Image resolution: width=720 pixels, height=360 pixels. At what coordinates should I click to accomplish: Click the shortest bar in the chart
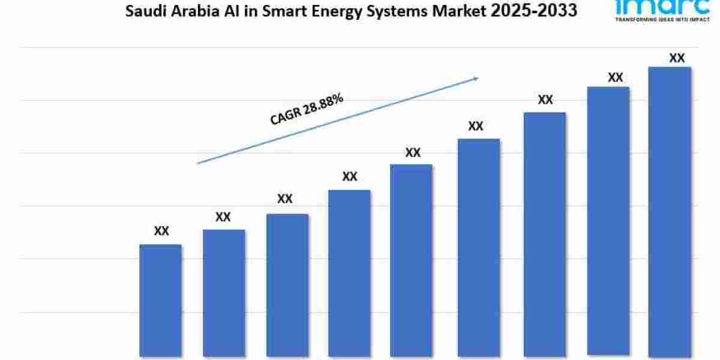point(160,300)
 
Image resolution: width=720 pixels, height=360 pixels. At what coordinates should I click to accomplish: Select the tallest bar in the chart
point(670,210)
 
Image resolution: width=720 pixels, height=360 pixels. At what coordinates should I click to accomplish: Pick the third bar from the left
point(287,285)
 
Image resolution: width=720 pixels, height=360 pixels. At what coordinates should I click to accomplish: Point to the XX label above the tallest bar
point(677,58)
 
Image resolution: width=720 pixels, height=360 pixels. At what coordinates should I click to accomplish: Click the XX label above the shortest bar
point(161,231)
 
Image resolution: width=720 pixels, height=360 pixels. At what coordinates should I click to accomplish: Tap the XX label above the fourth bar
point(350,177)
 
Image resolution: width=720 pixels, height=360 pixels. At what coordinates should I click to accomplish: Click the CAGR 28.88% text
point(307,109)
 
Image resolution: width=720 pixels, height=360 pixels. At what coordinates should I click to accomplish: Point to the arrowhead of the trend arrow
point(476,77)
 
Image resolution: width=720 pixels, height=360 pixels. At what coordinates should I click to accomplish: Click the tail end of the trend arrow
point(199,163)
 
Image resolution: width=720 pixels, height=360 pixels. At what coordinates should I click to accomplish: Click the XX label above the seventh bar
point(545,100)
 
